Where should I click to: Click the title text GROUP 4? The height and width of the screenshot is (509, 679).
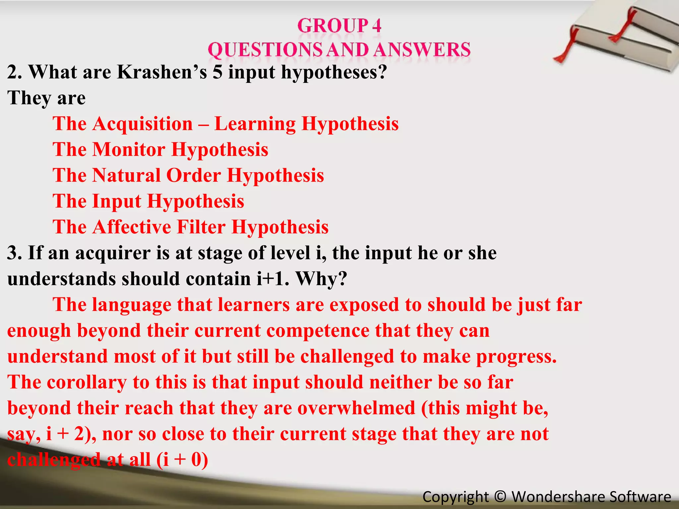click(x=339, y=26)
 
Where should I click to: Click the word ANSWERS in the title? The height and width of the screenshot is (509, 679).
click(x=422, y=50)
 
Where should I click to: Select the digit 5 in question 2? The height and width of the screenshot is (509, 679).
click(x=217, y=72)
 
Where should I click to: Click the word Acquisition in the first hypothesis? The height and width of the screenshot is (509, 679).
click(x=143, y=124)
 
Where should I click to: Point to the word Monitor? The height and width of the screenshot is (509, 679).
click(x=129, y=149)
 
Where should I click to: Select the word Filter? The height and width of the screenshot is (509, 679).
click(x=201, y=227)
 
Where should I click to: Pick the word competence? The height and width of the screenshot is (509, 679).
click(x=318, y=331)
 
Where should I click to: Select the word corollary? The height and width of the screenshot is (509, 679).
click(x=87, y=382)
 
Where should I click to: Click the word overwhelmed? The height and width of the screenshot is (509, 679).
click(x=356, y=408)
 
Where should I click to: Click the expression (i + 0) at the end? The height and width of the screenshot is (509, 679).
click(x=182, y=460)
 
